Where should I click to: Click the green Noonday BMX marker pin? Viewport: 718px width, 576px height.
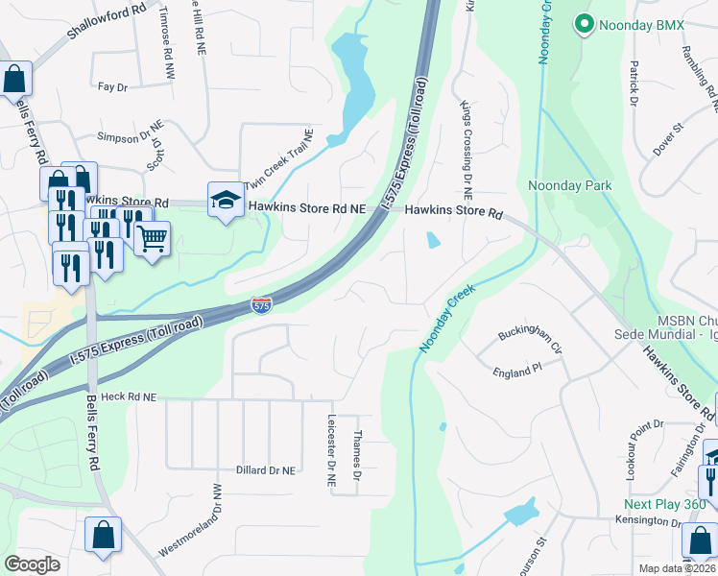click(583, 24)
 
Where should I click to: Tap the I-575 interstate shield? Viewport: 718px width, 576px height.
click(261, 304)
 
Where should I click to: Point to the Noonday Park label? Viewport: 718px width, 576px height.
click(564, 184)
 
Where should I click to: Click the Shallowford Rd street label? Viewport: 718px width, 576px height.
click(106, 20)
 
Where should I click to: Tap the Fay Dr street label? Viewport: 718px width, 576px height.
click(112, 87)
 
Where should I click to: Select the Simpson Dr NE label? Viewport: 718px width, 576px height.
click(125, 137)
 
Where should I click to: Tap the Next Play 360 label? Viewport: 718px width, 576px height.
click(664, 504)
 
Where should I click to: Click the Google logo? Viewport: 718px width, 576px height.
click(33, 564)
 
